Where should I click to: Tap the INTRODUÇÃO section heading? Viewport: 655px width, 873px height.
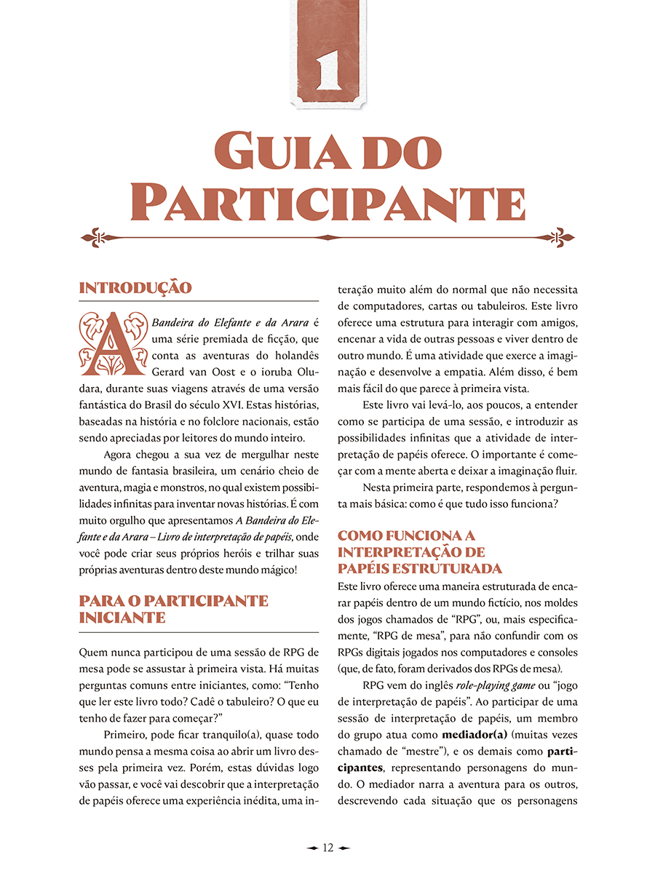pos(135,287)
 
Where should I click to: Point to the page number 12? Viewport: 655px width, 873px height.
pos(327,848)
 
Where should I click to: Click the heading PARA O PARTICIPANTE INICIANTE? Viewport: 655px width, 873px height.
pos(173,610)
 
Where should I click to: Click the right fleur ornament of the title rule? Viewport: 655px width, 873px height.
pos(560,238)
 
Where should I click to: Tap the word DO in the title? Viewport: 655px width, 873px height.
pos(403,152)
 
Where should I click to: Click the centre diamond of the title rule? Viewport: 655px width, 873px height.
pos(327,238)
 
